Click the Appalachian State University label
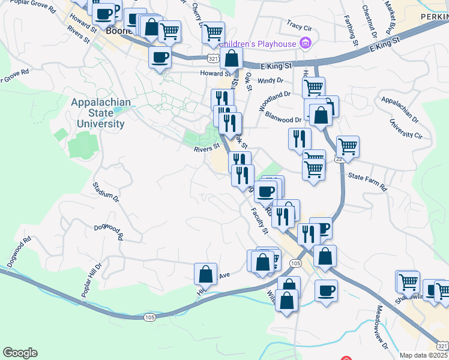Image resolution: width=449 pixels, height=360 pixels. (x=101, y=113)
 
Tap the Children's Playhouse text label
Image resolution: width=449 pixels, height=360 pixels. (x=258, y=44)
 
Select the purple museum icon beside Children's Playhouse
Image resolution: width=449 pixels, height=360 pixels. (x=306, y=43)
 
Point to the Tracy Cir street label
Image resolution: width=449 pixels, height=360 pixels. (x=300, y=26)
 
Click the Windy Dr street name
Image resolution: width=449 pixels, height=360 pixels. (x=270, y=80)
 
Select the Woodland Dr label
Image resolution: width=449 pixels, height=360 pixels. (x=274, y=101)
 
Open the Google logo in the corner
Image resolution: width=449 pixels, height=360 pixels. (x=20, y=353)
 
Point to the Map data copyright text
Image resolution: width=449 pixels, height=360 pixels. (x=424, y=355)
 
